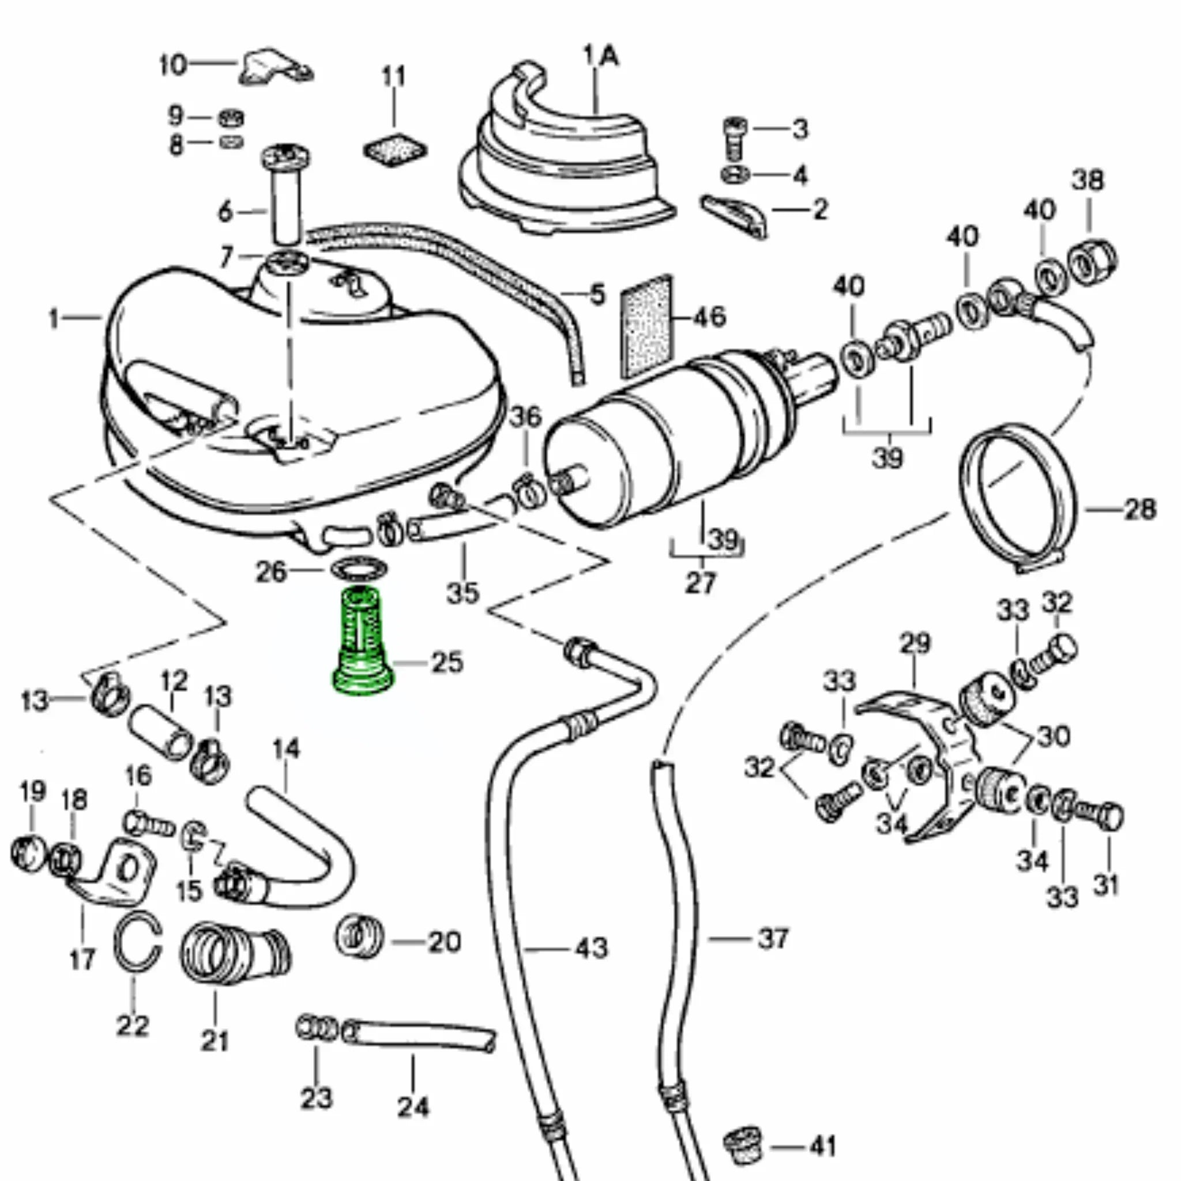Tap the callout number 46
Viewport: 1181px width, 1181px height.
tap(709, 317)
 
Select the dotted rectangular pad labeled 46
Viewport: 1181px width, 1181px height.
tap(646, 326)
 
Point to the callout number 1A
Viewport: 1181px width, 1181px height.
tap(601, 58)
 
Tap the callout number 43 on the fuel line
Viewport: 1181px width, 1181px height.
tap(592, 948)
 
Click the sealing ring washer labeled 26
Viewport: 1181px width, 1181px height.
tap(359, 567)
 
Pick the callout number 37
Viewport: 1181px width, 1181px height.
tap(773, 938)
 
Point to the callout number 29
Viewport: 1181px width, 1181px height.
tap(915, 642)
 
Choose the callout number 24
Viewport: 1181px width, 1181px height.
tap(413, 1107)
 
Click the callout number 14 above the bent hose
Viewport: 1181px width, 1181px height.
tap(286, 750)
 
